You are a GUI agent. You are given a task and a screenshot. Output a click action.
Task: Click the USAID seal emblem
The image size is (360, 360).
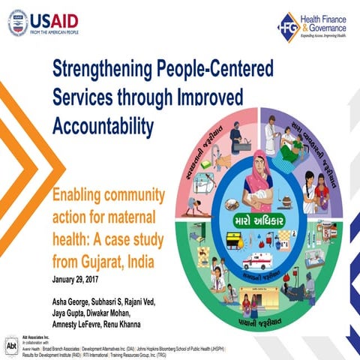point(18,22)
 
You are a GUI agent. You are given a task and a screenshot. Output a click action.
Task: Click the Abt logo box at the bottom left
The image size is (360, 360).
point(10,347)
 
